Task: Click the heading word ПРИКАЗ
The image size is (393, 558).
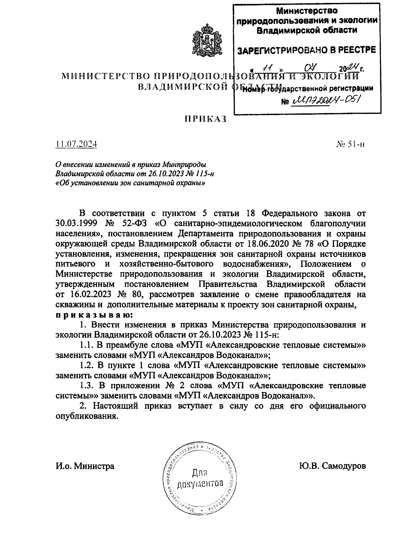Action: (206, 119)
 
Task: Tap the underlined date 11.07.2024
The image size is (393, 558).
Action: (76, 144)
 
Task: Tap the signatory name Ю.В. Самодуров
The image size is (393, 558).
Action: (332, 466)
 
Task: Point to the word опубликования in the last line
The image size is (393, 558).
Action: (86, 416)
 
